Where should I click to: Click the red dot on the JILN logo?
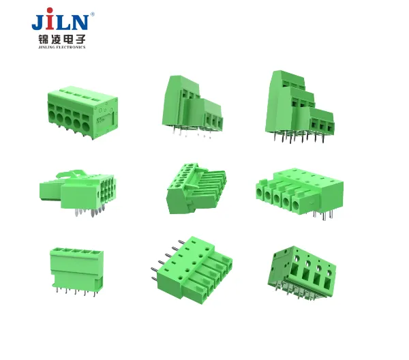coord(50,11)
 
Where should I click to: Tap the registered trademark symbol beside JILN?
coord(92,14)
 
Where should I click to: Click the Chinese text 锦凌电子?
coord(62,40)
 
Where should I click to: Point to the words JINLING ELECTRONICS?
coord(62,47)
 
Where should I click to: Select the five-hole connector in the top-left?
coord(82,112)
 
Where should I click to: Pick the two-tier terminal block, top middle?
coord(192,106)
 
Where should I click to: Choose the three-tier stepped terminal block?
coord(300,106)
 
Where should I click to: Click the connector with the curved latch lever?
coord(78,193)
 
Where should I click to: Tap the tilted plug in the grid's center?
coord(196,188)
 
